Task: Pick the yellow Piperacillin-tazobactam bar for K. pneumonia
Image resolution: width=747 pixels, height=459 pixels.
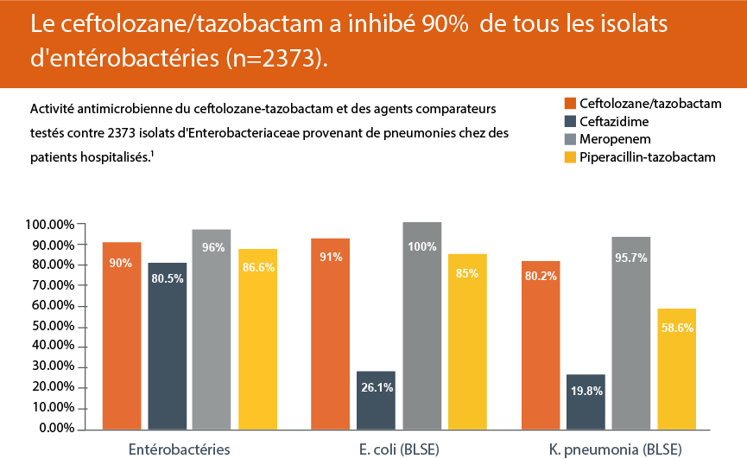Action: click(x=676, y=368)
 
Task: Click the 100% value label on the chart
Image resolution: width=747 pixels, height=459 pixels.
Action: click(x=422, y=247)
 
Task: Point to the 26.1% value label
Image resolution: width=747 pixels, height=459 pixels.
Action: click(x=377, y=388)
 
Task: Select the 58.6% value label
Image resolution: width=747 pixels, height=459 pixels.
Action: click(x=677, y=328)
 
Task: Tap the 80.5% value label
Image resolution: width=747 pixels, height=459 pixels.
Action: click(x=168, y=279)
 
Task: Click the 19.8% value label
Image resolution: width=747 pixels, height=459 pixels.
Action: click(x=586, y=392)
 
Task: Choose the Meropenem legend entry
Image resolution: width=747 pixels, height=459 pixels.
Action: click(x=616, y=138)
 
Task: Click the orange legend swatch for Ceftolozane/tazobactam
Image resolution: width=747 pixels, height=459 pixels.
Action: click(x=569, y=104)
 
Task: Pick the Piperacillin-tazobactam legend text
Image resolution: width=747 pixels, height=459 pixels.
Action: click(x=649, y=156)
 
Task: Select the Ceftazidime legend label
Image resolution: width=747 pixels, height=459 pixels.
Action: click(x=614, y=121)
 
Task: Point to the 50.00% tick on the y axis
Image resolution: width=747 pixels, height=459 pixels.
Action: click(x=50, y=326)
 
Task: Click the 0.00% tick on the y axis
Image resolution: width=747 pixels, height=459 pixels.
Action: click(x=54, y=428)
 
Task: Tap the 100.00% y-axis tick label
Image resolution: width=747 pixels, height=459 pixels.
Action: click(x=47, y=225)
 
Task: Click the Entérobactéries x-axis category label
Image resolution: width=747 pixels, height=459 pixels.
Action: click(x=180, y=449)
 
